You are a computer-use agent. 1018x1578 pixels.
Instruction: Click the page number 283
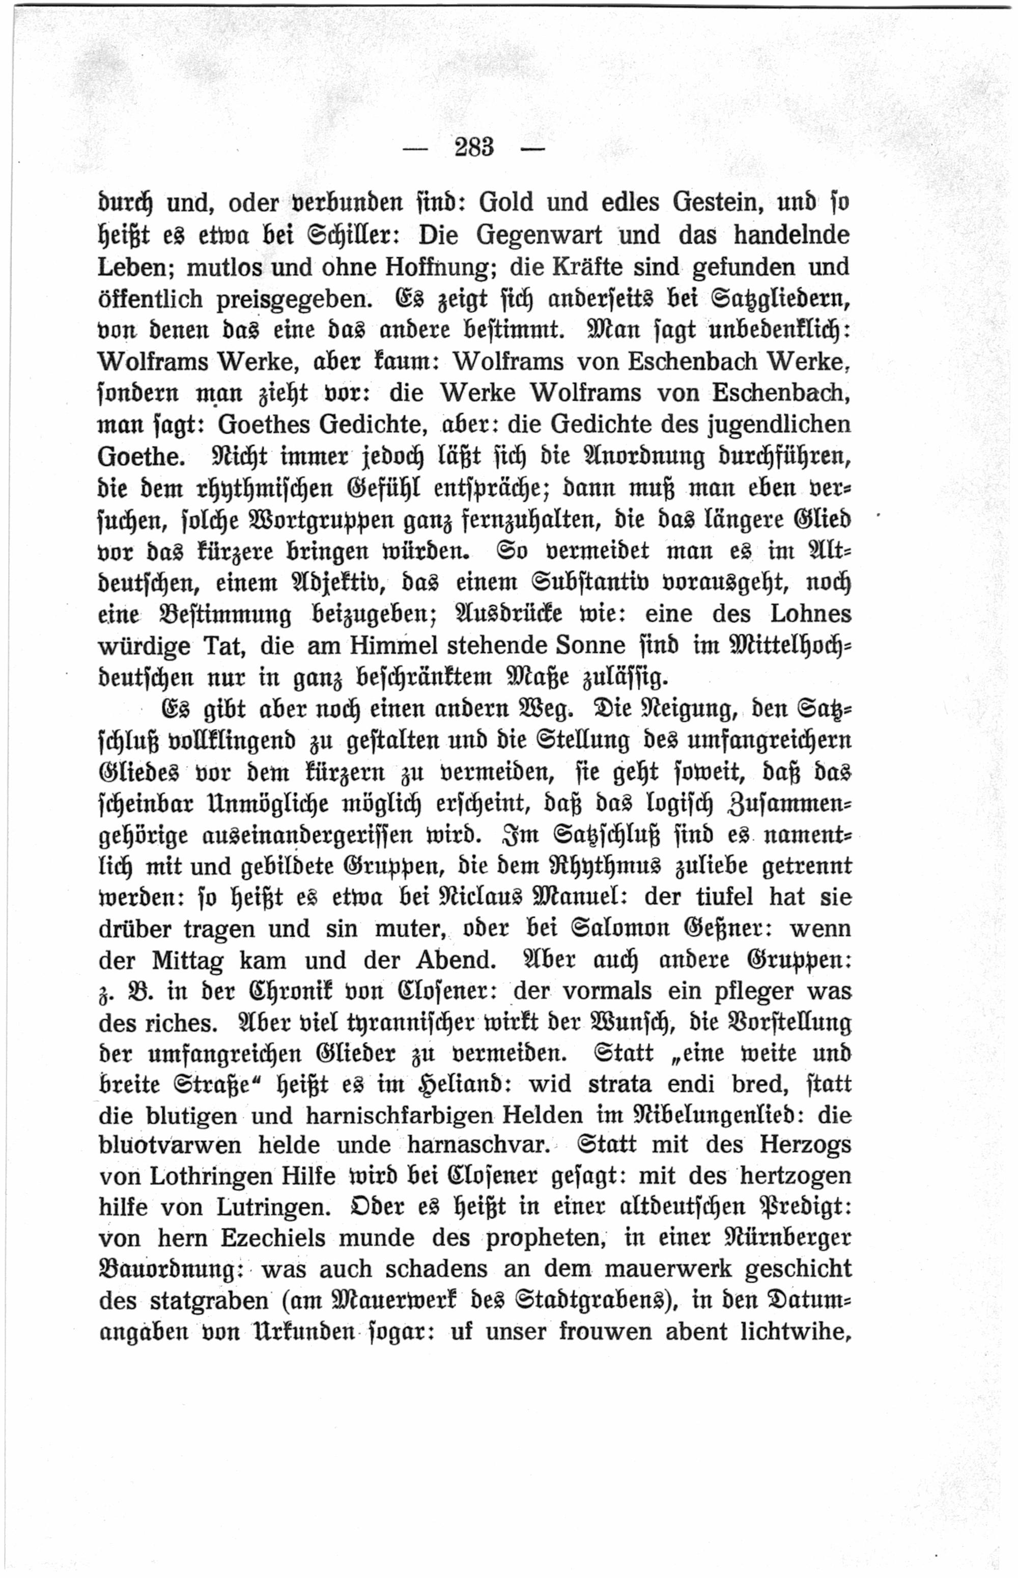coord(474,147)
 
